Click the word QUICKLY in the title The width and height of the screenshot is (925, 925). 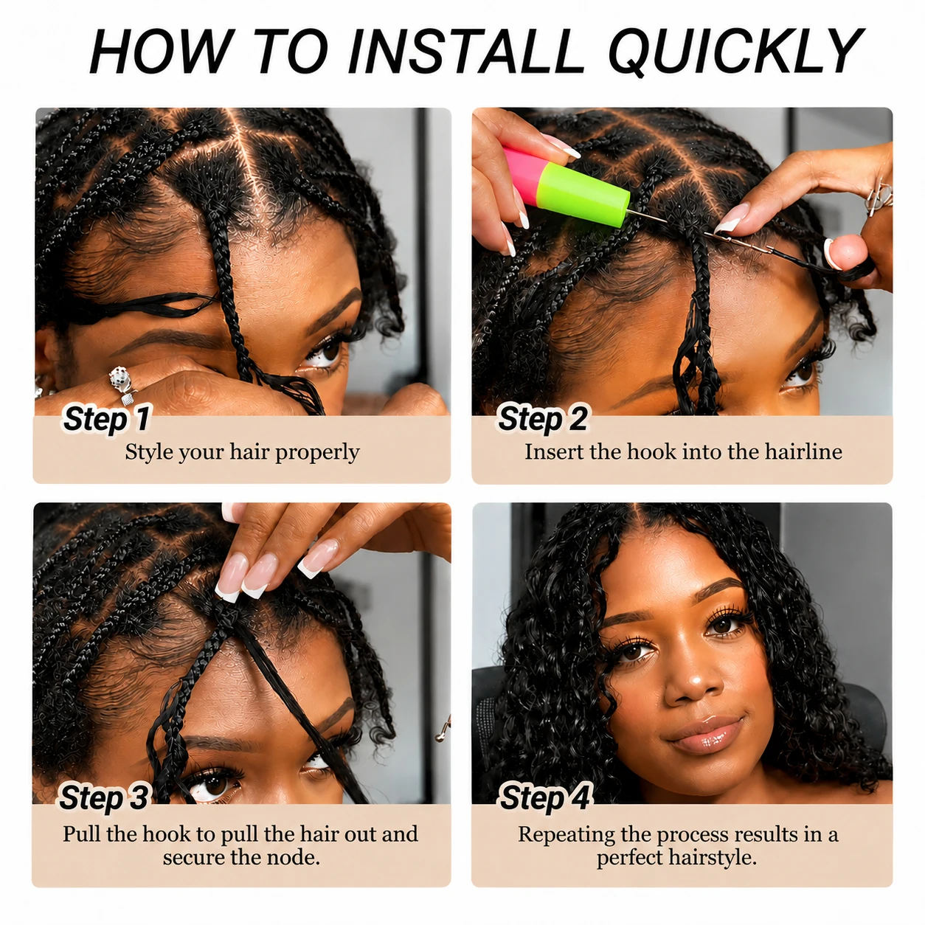click(x=735, y=52)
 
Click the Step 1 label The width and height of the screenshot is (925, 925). click(x=106, y=418)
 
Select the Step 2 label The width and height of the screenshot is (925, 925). click(x=542, y=418)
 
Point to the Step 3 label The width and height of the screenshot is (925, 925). click(x=104, y=797)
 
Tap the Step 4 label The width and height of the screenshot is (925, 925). click(x=544, y=797)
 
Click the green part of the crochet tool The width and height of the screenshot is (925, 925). click(x=582, y=193)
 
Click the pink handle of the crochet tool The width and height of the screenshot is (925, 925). click(x=521, y=172)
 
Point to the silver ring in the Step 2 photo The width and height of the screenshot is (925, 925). click(x=878, y=196)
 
